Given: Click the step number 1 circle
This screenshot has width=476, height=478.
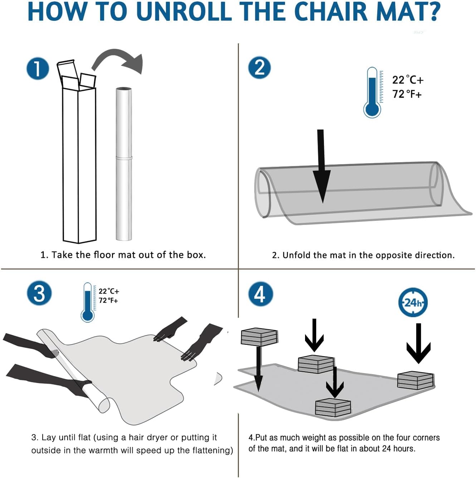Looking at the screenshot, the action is [x=38, y=69].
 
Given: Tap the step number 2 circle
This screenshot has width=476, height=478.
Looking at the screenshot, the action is [x=259, y=68].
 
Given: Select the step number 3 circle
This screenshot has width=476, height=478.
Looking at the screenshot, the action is [x=39, y=294].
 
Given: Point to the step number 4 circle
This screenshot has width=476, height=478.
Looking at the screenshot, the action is [x=261, y=294].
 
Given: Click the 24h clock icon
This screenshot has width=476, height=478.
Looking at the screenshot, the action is [x=413, y=303].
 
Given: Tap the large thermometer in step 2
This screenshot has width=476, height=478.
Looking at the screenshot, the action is [x=372, y=92].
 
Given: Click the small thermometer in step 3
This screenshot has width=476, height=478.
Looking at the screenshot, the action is [x=88, y=302].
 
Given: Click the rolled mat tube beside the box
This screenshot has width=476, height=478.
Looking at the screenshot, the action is [x=124, y=164].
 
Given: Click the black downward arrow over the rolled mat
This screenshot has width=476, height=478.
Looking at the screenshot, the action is [x=322, y=166].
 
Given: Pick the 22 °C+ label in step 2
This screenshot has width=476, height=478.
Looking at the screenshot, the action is [x=408, y=80].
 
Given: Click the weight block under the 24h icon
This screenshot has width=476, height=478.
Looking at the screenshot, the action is [x=416, y=380].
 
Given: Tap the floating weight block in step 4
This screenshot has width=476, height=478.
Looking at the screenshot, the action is [x=259, y=338].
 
